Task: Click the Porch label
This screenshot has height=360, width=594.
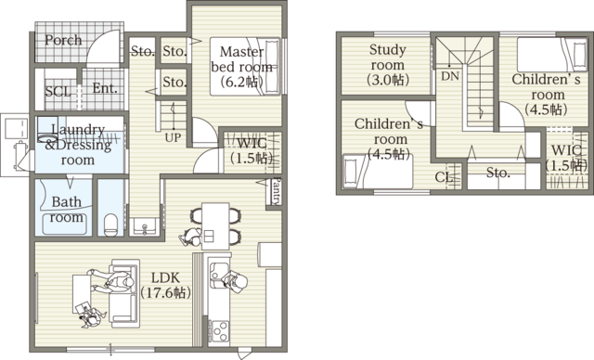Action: [63, 41]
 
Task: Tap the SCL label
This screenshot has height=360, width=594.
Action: [58, 92]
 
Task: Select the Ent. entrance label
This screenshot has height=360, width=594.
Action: [105, 90]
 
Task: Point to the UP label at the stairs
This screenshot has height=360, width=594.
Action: [173, 137]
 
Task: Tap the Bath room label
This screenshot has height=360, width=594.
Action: [67, 209]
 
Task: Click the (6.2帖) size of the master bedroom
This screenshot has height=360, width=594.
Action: [243, 82]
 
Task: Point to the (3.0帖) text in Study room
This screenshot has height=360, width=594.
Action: [386, 81]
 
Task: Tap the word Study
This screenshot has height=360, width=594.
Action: [387, 49]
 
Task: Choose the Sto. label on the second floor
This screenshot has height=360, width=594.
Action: [498, 173]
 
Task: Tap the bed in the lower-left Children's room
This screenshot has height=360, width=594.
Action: [372, 172]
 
